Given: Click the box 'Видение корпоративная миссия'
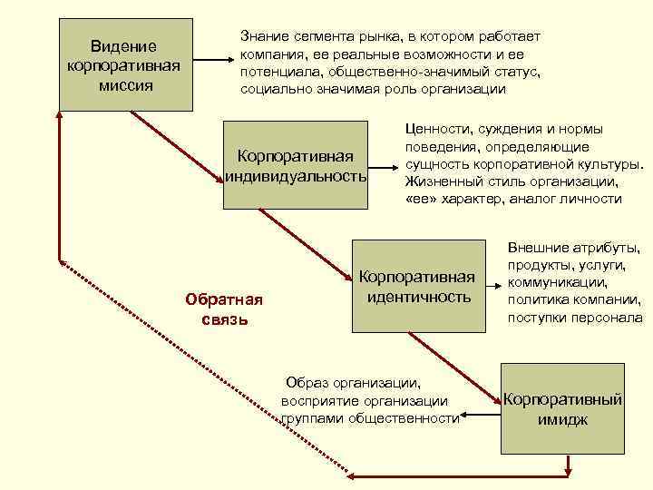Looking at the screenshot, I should coord(125,64).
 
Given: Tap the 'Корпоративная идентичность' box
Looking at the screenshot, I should coord(417,286).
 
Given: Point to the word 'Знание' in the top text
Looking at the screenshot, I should coord(264,35).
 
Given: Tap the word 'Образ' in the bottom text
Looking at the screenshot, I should coord(305,382).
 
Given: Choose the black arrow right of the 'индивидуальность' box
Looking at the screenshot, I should coord(385,167).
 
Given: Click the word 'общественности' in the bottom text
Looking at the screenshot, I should coord(414,418).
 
